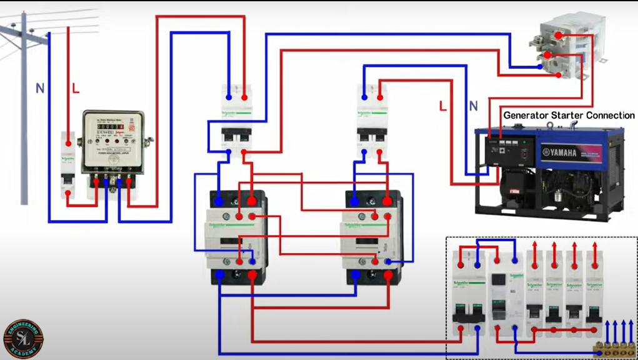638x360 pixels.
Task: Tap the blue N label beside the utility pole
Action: click(x=40, y=89)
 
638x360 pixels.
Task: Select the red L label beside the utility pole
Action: click(x=76, y=89)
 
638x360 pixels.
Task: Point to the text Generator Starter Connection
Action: click(x=569, y=116)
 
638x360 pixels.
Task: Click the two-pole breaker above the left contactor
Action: click(x=236, y=119)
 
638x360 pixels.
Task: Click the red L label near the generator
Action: click(x=443, y=106)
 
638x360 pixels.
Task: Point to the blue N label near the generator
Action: click(x=473, y=106)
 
